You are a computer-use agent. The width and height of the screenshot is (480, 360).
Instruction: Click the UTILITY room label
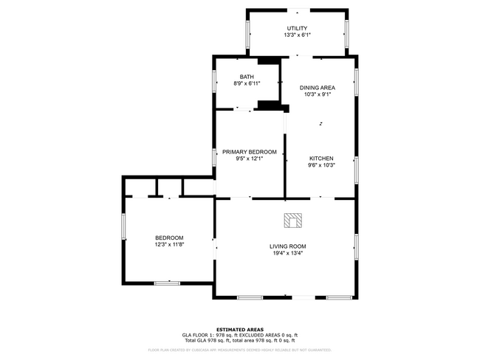point(297,28)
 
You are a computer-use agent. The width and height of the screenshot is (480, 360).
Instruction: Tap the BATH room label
point(247,77)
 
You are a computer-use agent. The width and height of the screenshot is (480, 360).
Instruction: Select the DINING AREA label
point(317,87)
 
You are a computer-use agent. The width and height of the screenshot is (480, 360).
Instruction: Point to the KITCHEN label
point(321,159)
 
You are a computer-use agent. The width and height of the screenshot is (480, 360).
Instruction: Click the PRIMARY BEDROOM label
point(250,152)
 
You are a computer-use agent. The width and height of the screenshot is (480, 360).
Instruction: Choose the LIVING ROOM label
point(287,246)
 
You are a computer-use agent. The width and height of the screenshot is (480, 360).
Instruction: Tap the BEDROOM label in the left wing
point(169,238)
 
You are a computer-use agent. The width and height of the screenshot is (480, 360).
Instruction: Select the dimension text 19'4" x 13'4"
point(287,253)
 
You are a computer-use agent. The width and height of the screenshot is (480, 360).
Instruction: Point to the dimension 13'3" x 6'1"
point(297,35)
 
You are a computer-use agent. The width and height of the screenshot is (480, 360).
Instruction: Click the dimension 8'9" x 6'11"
point(247,83)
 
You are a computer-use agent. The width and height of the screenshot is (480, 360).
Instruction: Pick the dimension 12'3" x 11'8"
point(169,244)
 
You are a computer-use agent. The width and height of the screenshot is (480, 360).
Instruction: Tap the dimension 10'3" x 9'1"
point(317,94)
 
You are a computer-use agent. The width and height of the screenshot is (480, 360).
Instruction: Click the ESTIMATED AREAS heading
point(239,329)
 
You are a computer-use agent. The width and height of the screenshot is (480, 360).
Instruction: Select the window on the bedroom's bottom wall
point(168,282)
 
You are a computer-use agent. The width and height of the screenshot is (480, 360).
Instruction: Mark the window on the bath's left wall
point(215,80)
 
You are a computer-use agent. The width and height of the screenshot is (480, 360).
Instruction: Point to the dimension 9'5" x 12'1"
point(250,159)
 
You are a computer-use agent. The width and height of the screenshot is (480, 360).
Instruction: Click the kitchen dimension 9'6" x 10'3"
point(321,165)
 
